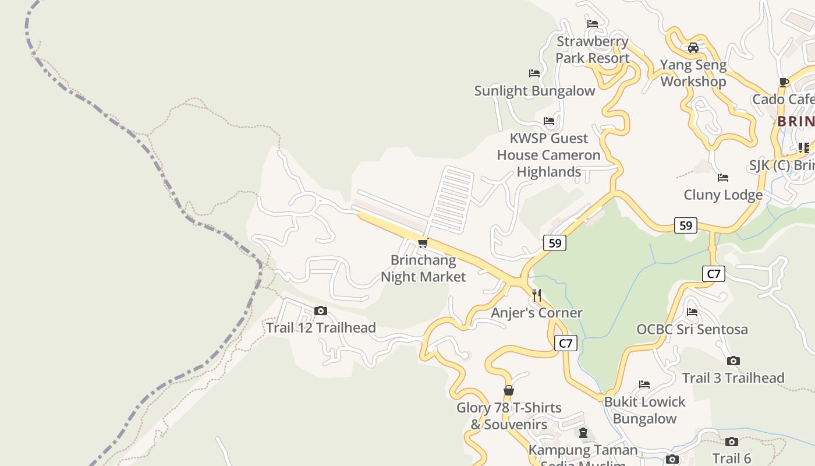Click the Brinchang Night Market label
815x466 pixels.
(423, 269)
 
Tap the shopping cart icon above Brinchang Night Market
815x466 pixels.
(423, 243)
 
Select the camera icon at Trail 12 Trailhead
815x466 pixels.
(320, 311)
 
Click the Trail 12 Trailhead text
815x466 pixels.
(321, 328)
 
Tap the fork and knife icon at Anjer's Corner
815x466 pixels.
(537, 295)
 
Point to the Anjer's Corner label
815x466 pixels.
(536, 313)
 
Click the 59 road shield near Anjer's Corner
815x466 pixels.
(555, 243)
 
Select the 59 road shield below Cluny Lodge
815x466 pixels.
(686, 225)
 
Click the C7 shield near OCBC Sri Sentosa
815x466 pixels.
(714, 273)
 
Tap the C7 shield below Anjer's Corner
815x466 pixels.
(565, 343)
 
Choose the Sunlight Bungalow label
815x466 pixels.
(534, 91)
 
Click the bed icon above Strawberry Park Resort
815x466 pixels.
(593, 24)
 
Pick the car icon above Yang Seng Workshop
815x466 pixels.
(693, 48)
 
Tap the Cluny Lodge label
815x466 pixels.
(723, 195)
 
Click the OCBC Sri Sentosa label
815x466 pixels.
(692, 329)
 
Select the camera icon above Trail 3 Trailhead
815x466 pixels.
(733, 361)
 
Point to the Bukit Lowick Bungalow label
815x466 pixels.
(644, 410)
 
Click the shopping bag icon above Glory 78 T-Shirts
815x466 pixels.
(509, 390)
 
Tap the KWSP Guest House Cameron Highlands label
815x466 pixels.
(548, 155)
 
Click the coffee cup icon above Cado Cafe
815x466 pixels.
(784, 82)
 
